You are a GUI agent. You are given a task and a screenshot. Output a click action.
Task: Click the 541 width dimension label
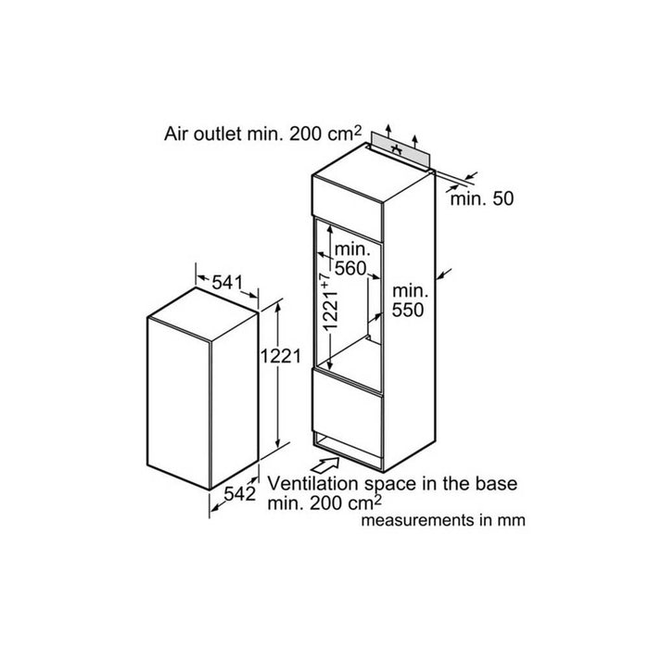(227, 283)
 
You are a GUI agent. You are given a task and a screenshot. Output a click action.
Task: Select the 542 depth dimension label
(239, 493)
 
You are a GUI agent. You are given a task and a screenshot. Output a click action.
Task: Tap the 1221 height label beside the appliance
(281, 356)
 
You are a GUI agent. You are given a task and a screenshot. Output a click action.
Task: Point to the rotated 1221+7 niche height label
(330, 301)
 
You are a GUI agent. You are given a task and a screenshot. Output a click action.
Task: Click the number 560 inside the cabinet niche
(350, 269)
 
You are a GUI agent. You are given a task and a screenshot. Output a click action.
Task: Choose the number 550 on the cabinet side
(408, 310)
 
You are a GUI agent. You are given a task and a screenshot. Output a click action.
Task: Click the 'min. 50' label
(482, 198)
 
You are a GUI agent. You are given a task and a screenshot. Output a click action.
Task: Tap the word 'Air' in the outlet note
(175, 134)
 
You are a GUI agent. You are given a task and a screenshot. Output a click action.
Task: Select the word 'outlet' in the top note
(217, 134)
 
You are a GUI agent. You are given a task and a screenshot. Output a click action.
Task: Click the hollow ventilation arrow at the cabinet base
(324, 464)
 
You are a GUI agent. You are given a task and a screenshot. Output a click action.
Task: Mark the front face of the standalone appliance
(178, 402)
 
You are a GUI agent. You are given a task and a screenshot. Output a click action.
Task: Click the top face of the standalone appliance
(203, 314)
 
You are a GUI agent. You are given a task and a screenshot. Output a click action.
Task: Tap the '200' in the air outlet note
(306, 134)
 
